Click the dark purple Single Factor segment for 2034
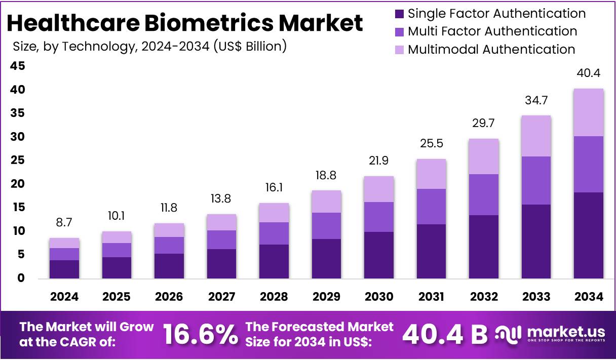pyautogui.click(x=588, y=235)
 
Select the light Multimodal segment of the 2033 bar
pyautogui.click(x=536, y=136)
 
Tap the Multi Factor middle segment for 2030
pyautogui.click(x=379, y=217)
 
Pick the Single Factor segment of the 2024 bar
pyautogui.click(x=64, y=269)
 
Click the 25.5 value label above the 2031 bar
pyautogui.click(x=431, y=144)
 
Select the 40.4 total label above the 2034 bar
pyautogui.click(x=588, y=73)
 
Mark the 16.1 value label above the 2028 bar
pyautogui.click(x=274, y=188)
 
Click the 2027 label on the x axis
pyautogui.click(x=221, y=297)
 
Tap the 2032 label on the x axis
pyautogui.click(x=483, y=297)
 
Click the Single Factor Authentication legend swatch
pyautogui.click(x=399, y=14)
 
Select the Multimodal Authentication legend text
pyautogui.click(x=491, y=50)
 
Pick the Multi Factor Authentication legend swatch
pyautogui.click(x=399, y=31)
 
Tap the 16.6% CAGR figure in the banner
pyautogui.click(x=200, y=335)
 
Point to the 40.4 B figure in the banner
pyautogui.click(x=444, y=335)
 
